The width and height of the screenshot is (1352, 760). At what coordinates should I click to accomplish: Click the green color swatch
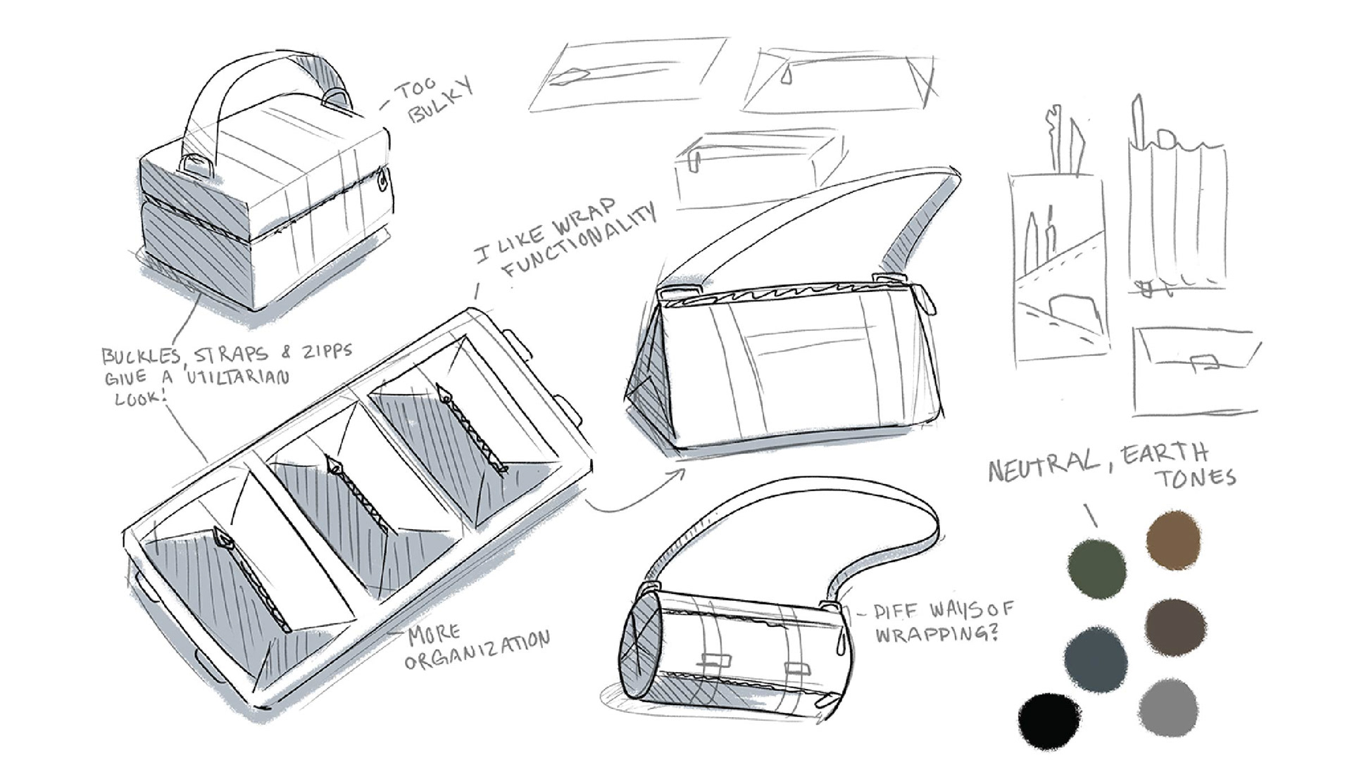1096,568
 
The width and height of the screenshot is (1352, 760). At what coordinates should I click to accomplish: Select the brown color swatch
1172,540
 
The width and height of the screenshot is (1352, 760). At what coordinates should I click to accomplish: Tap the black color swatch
1049,721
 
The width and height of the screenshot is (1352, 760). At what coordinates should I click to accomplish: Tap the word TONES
1195,478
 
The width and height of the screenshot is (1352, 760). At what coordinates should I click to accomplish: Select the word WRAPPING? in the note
937,633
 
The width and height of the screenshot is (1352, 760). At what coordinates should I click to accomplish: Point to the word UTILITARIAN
237,376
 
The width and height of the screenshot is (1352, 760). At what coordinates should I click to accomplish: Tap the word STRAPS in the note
232,354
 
